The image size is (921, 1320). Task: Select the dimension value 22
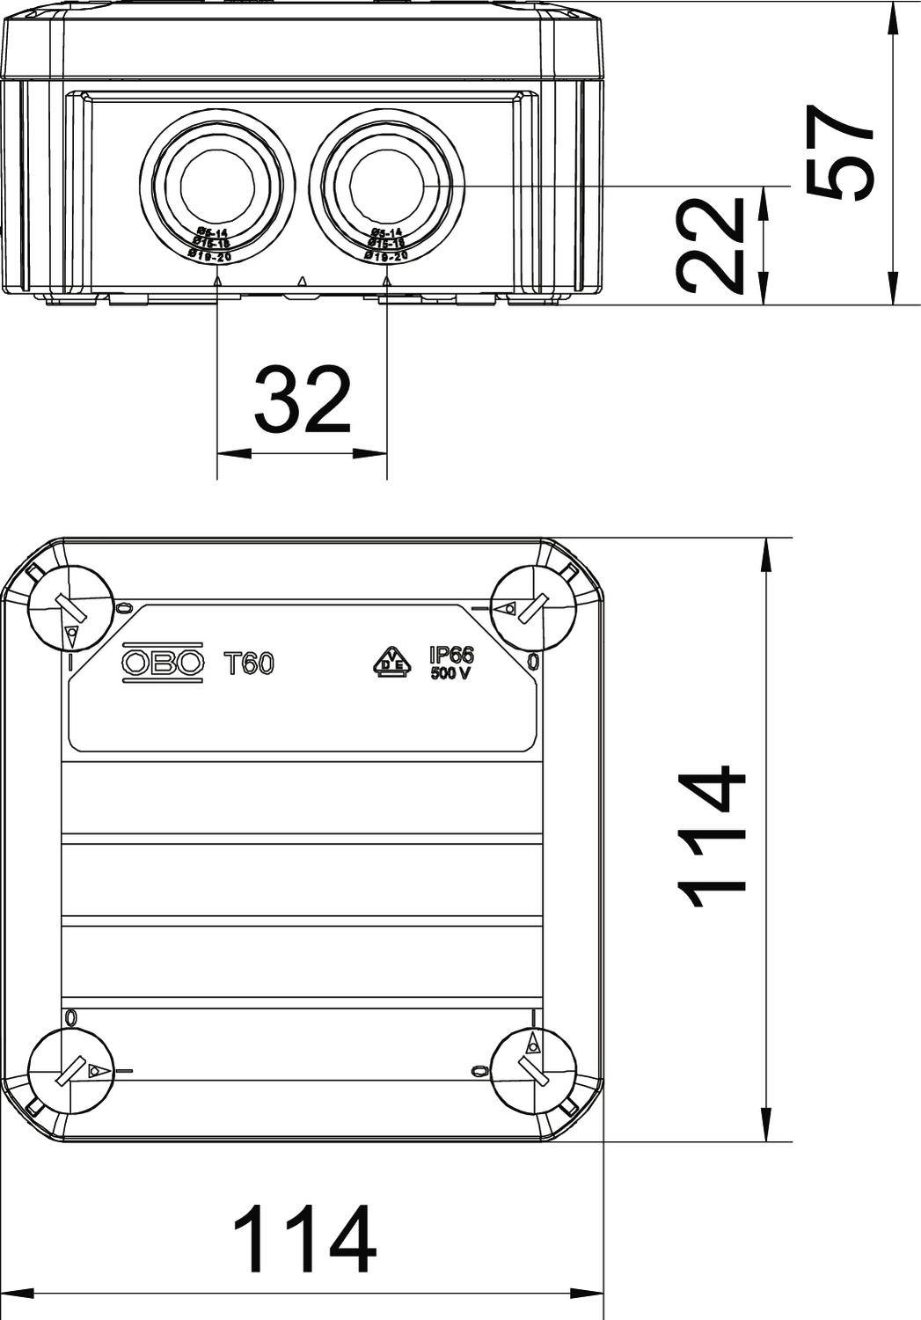713,245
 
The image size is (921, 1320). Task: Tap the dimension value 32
302,401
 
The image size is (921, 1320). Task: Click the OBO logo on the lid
163,663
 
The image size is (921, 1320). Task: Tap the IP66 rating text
451,655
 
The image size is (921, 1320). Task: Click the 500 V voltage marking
451,674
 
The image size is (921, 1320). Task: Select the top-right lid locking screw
534,608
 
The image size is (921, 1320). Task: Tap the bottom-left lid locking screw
71,1071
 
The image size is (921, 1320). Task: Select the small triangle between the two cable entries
302,281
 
